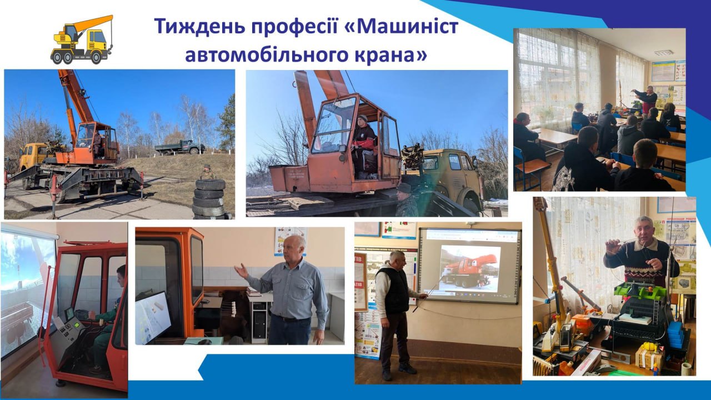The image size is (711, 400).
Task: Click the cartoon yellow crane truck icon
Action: pyautogui.click(x=82, y=39)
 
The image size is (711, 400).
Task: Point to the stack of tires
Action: pyautogui.click(x=209, y=199)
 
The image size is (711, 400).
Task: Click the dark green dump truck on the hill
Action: pyautogui.click(x=179, y=147)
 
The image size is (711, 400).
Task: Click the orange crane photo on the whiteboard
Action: pyautogui.click(x=469, y=268)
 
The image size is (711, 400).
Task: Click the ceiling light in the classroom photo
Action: pyautogui.click(x=663, y=53)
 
